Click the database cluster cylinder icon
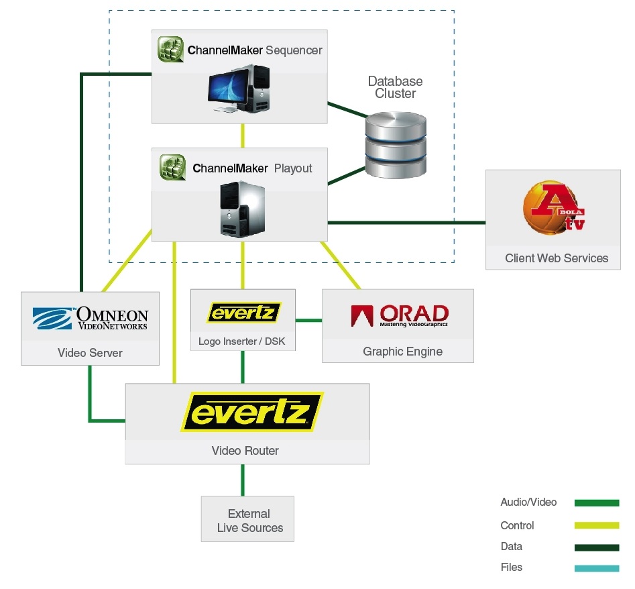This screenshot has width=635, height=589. point(395,145)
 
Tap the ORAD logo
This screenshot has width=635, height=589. point(399,315)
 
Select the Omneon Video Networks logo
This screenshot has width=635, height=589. point(91,319)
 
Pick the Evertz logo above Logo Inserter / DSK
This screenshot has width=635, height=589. point(243,313)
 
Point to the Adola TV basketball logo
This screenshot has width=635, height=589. point(553,210)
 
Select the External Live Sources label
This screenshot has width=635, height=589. point(249,521)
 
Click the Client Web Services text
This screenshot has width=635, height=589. point(557,258)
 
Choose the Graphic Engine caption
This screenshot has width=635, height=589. point(402,351)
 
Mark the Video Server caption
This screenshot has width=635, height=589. point(90,353)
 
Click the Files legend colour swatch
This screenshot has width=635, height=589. point(597,569)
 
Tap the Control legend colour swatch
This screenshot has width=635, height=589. point(597,526)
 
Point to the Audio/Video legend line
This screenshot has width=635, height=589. point(597,502)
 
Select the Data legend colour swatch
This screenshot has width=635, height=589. point(597,547)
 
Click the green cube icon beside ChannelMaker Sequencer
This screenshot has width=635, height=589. point(170,50)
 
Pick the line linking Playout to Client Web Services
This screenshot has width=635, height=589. point(406,222)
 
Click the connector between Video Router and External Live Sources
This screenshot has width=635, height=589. point(243,480)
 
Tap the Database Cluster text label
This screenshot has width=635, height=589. point(395,87)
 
